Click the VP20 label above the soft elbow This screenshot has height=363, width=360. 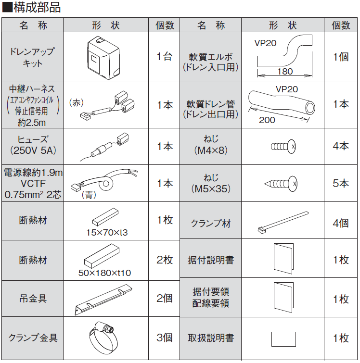(265, 43)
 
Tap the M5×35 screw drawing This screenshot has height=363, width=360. (281, 183)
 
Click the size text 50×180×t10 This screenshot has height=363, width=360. (104, 273)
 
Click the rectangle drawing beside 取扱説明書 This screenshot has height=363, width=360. (283, 339)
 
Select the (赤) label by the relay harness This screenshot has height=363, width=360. (77, 102)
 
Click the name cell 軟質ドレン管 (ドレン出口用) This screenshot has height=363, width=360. (211, 109)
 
